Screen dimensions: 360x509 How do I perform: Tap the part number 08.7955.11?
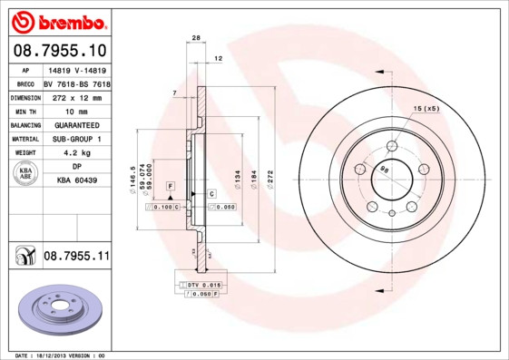(76, 258)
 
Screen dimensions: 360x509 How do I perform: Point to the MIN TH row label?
(25, 111)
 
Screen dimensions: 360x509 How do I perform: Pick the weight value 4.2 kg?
(77, 153)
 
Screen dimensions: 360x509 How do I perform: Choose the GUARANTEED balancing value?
(77, 125)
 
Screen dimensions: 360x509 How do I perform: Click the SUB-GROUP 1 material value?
(77, 139)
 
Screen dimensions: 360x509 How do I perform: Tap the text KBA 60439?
(77, 181)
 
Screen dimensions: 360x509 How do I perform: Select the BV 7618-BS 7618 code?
(77, 83)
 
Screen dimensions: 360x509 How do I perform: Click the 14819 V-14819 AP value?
(77, 69)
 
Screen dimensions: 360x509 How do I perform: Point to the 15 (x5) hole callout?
(426, 109)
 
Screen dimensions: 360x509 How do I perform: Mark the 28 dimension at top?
(195, 37)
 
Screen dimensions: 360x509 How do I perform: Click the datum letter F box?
(169, 186)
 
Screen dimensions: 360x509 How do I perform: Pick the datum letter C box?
(211, 194)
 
